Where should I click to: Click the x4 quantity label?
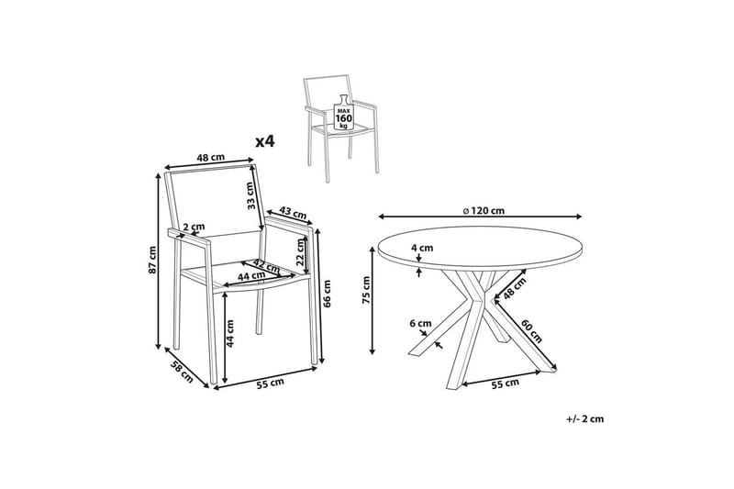click(264, 141)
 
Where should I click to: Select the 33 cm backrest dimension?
click(251, 194)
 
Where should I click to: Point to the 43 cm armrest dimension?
click(294, 213)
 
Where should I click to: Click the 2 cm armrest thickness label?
click(194, 228)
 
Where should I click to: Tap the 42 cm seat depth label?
click(266, 266)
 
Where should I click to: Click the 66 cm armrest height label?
click(327, 294)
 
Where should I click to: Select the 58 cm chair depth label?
click(181, 372)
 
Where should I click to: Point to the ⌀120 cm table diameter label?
click(484, 211)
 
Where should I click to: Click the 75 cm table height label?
click(366, 290)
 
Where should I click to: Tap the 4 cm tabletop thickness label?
click(422, 248)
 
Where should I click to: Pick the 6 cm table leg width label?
click(420, 323)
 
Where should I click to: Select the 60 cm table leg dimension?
click(531, 331)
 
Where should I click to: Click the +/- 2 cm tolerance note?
click(584, 418)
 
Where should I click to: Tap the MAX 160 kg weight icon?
click(343, 113)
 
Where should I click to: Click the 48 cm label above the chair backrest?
click(211, 157)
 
